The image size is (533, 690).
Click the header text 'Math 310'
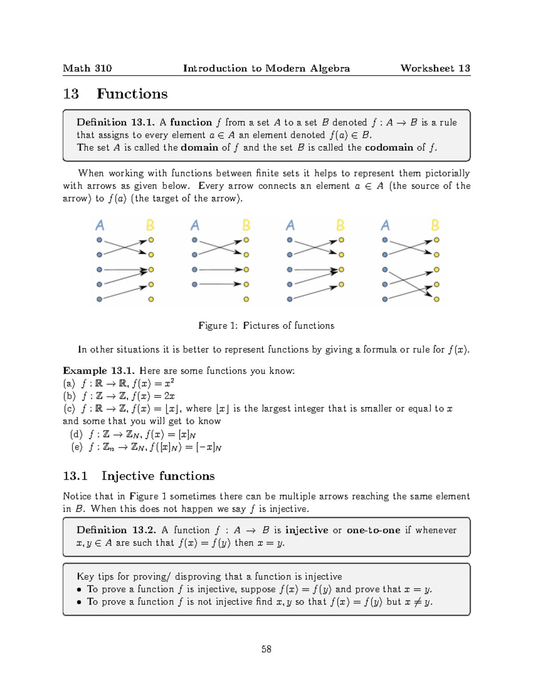coord(87,68)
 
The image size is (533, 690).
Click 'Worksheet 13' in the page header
coord(435,68)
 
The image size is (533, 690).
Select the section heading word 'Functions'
coord(132,94)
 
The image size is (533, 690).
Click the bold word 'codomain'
coord(389,148)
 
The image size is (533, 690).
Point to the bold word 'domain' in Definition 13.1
coord(199,148)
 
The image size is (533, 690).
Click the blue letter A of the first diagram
coord(99,226)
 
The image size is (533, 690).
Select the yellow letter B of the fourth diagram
coord(435,226)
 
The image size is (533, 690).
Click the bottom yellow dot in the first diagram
coord(151,299)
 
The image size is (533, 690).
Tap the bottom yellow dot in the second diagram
coord(246,299)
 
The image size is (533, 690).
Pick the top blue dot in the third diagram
coord(290,240)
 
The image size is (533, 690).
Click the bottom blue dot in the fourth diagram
coord(385,299)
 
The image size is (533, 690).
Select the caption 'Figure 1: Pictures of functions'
coord(266,326)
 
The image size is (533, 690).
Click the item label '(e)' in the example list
coord(77,447)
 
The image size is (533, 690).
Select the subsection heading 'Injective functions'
coord(158,476)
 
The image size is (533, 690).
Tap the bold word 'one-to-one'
coord(373,530)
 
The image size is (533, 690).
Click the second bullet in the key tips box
coord(79,602)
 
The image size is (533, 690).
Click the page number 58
coord(266,649)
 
